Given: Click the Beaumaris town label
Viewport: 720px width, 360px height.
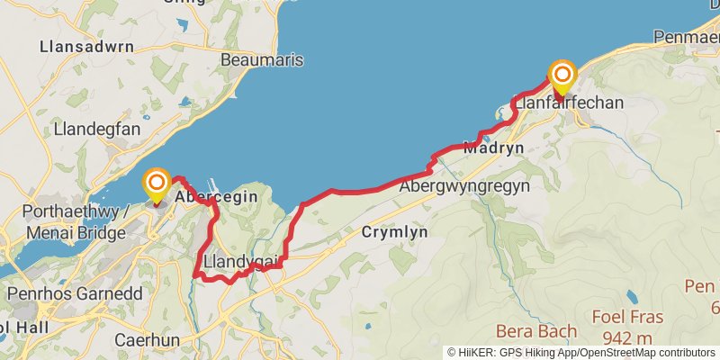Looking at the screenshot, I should point(262,60).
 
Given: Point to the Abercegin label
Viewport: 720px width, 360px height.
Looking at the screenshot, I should point(216,196).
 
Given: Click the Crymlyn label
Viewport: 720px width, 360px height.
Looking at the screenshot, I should point(394,232).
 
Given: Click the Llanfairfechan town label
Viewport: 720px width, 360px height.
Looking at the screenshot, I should point(568,103).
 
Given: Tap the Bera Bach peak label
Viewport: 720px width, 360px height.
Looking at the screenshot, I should point(536,331).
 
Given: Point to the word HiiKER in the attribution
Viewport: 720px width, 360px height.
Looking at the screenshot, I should point(476,353).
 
